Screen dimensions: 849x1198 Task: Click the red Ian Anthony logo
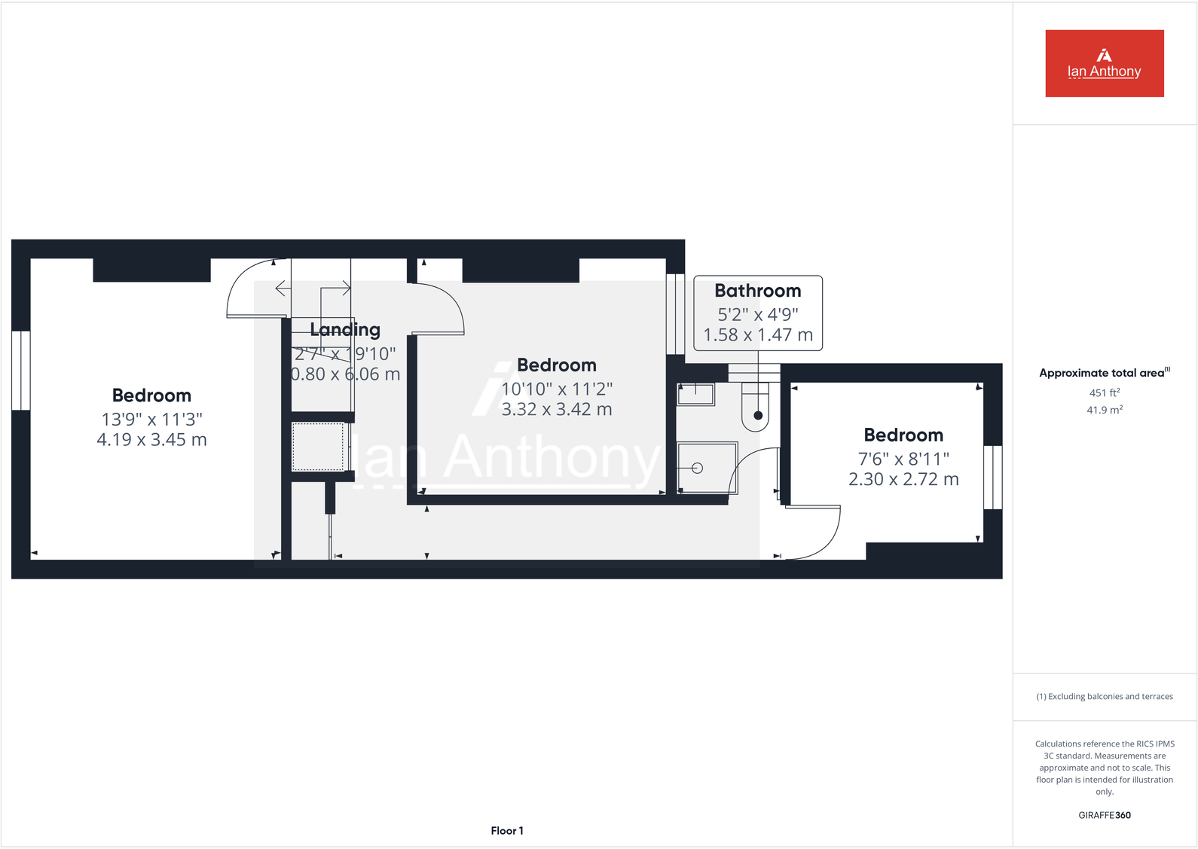coord(1104,63)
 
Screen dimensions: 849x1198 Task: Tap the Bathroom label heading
coord(757,291)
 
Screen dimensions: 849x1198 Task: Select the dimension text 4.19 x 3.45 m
coord(151,440)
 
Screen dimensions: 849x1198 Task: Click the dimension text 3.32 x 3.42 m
coord(557,410)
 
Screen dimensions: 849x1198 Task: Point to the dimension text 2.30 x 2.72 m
coord(903,480)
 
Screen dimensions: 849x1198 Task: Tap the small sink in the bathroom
coord(695,394)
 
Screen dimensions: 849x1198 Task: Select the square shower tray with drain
coord(706,468)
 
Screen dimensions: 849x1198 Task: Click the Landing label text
coord(345,330)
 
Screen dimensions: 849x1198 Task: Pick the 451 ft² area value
coord(1104,392)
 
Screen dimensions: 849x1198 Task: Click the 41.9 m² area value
coord(1104,410)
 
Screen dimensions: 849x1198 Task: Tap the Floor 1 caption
coord(506,831)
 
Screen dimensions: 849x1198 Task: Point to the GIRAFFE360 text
coord(1104,815)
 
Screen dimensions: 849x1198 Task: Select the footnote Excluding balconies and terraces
coord(1104,697)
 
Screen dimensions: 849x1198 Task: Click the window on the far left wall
coord(21,371)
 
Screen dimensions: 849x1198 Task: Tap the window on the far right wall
coord(993,477)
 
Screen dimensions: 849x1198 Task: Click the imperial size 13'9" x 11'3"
coord(151,420)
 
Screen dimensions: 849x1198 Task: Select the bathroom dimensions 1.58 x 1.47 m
coord(757,335)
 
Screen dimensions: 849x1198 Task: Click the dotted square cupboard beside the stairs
coord(319,447)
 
